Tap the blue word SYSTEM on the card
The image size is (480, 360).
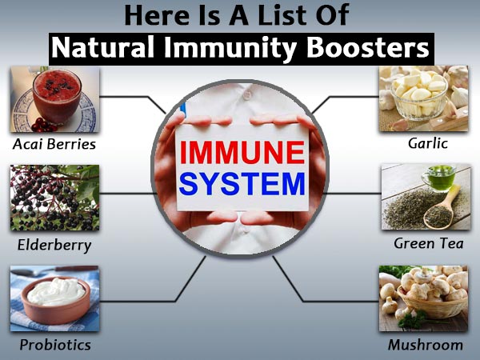(x=241, y=185)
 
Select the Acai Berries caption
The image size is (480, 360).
(x=54, y=145)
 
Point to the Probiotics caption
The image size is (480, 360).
(x=54, y=345)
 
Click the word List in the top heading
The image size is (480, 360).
(x=289, y=16)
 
